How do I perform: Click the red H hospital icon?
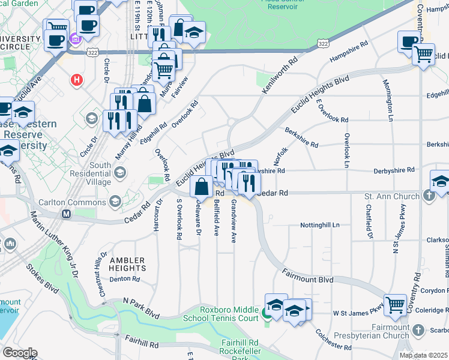pos(76,79)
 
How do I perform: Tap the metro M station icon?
pos(66,214)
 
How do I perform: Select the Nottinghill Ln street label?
pos(320,226)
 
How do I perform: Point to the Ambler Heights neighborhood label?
pos(127,265)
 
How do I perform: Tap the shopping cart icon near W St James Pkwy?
pos(395,305)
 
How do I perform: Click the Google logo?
pos(19,353)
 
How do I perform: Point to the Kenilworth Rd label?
pos(280,75)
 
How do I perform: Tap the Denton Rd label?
pos(124,279)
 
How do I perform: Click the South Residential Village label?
pos(91,173)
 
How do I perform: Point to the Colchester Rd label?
pos(333,339)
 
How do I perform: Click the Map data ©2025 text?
pos(423,355)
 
